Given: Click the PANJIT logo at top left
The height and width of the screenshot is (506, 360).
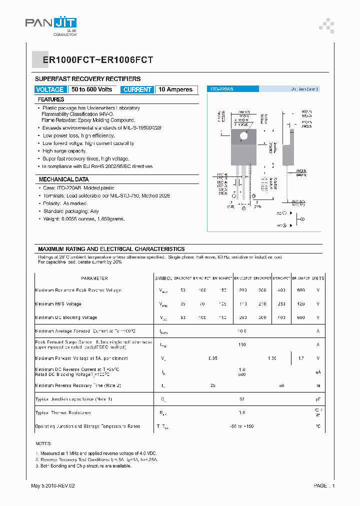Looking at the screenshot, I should click(x=51, y=23).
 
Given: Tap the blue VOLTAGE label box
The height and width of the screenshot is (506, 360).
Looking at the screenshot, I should click(x=50, y=89).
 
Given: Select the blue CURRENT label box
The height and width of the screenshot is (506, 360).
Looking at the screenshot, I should click(x=137, y=89).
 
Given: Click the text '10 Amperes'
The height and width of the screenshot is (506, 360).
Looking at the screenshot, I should click(x=175, y=89).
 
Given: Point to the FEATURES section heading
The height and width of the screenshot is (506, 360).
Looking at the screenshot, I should click(x=51, y=99).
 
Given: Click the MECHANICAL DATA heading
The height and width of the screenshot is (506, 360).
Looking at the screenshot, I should click(x=64, y=179).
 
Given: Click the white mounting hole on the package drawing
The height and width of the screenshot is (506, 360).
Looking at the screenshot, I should click(x=244, y=136).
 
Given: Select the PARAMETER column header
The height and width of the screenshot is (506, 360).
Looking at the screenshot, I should click(x=94, y=278).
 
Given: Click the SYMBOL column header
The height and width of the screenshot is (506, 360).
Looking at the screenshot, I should click(x=163, y=278).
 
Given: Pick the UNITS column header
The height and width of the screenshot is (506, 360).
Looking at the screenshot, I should click(x=318, y=278).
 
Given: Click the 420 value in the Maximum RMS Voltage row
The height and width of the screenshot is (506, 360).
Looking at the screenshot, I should click(x=300, y=304).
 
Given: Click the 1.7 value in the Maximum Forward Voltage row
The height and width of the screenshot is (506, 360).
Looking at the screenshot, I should click(x=300, y=358).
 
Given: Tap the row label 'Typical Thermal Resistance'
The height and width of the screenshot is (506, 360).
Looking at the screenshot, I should click(x=63, y=413).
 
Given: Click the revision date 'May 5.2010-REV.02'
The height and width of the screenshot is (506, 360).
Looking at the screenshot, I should click(x=53, y=485).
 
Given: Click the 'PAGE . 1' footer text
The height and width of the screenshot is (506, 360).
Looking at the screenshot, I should click(x=324, y=485).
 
